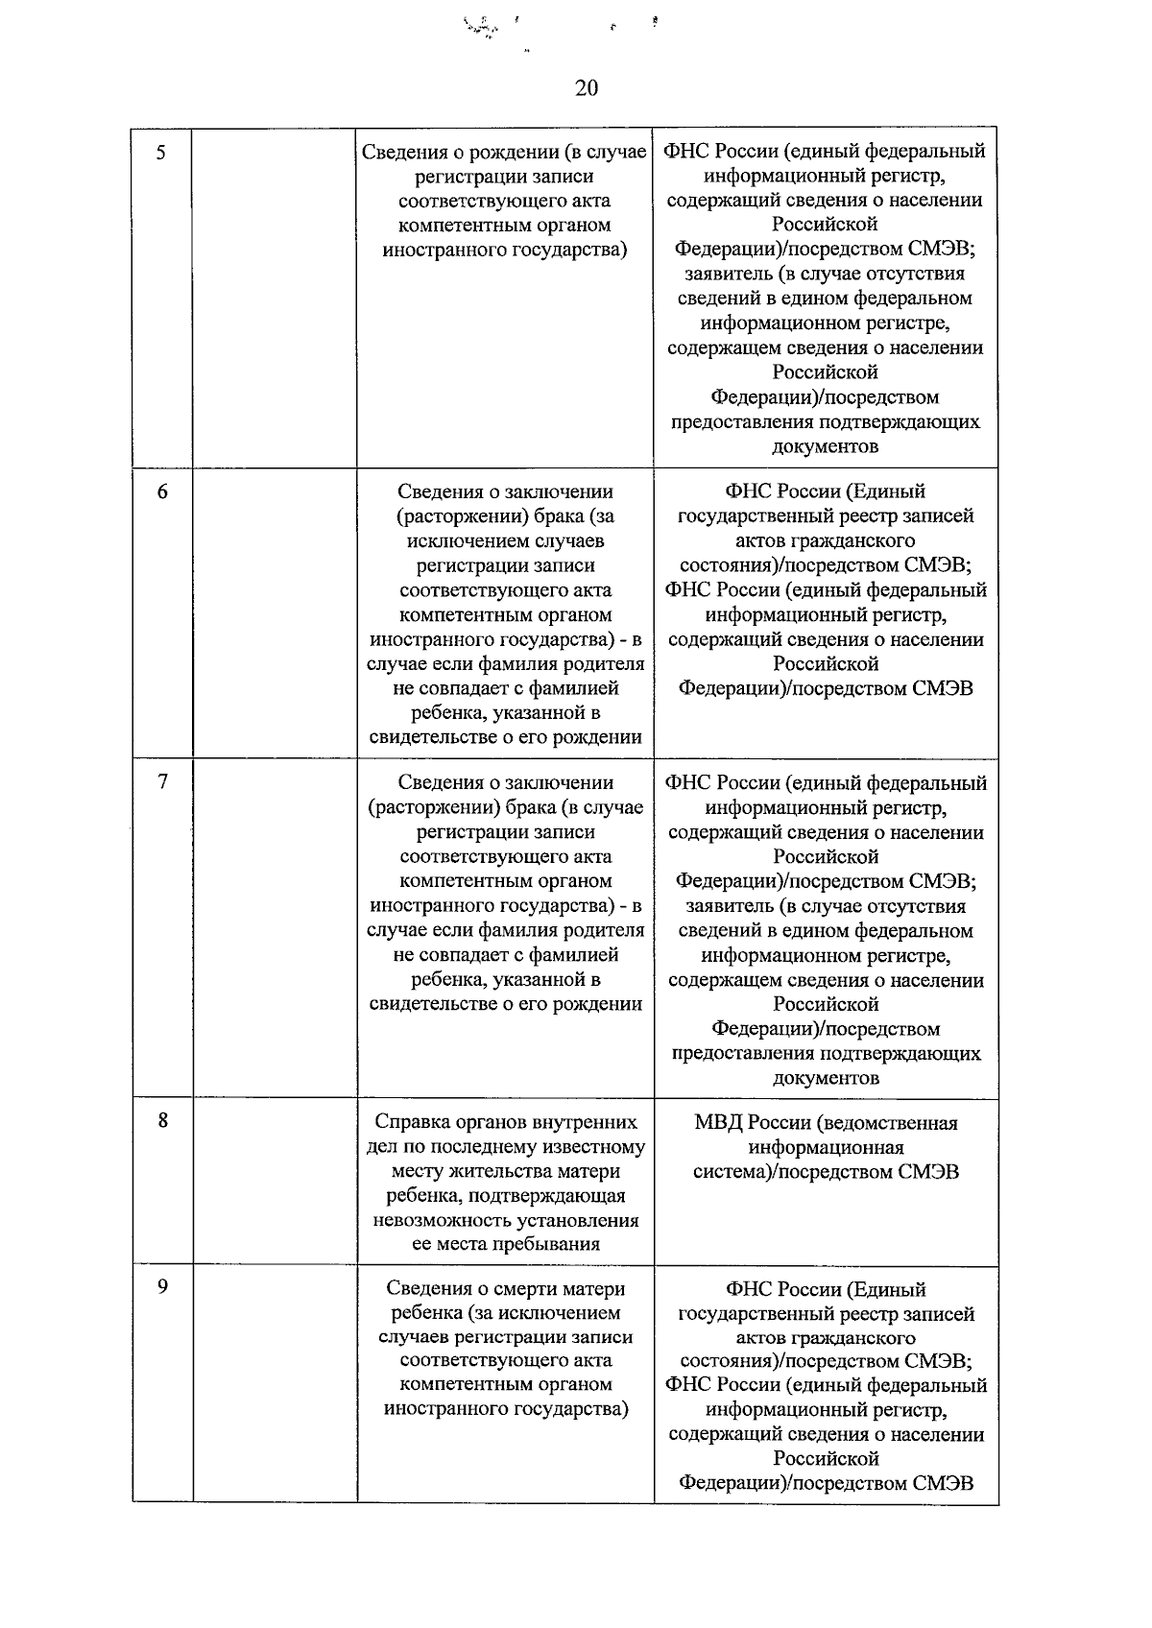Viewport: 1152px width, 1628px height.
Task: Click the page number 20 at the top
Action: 587,88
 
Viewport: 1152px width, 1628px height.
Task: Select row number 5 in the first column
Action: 161,152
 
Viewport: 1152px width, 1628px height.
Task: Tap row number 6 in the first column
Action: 161,492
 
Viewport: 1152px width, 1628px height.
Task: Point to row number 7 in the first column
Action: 162,782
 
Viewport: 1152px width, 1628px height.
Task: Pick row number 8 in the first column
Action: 162,1120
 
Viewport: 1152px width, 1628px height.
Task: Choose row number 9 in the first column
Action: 162,1287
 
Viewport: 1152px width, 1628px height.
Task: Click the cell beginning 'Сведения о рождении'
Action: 505,202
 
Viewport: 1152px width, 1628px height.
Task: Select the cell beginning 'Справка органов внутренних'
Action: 505,1183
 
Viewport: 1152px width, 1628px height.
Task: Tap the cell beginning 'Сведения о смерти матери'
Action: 505,1349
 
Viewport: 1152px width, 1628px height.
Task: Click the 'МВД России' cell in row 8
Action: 826,1147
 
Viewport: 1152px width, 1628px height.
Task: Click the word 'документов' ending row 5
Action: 826,447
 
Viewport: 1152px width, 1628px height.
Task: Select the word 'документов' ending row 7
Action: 826,1078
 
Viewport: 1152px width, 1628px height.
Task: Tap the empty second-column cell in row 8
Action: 275,1181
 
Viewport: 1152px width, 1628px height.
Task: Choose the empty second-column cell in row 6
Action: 275,614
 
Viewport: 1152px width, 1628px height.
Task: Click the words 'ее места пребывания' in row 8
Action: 505,1245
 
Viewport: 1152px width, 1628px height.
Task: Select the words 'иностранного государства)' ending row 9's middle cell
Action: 505,1409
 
